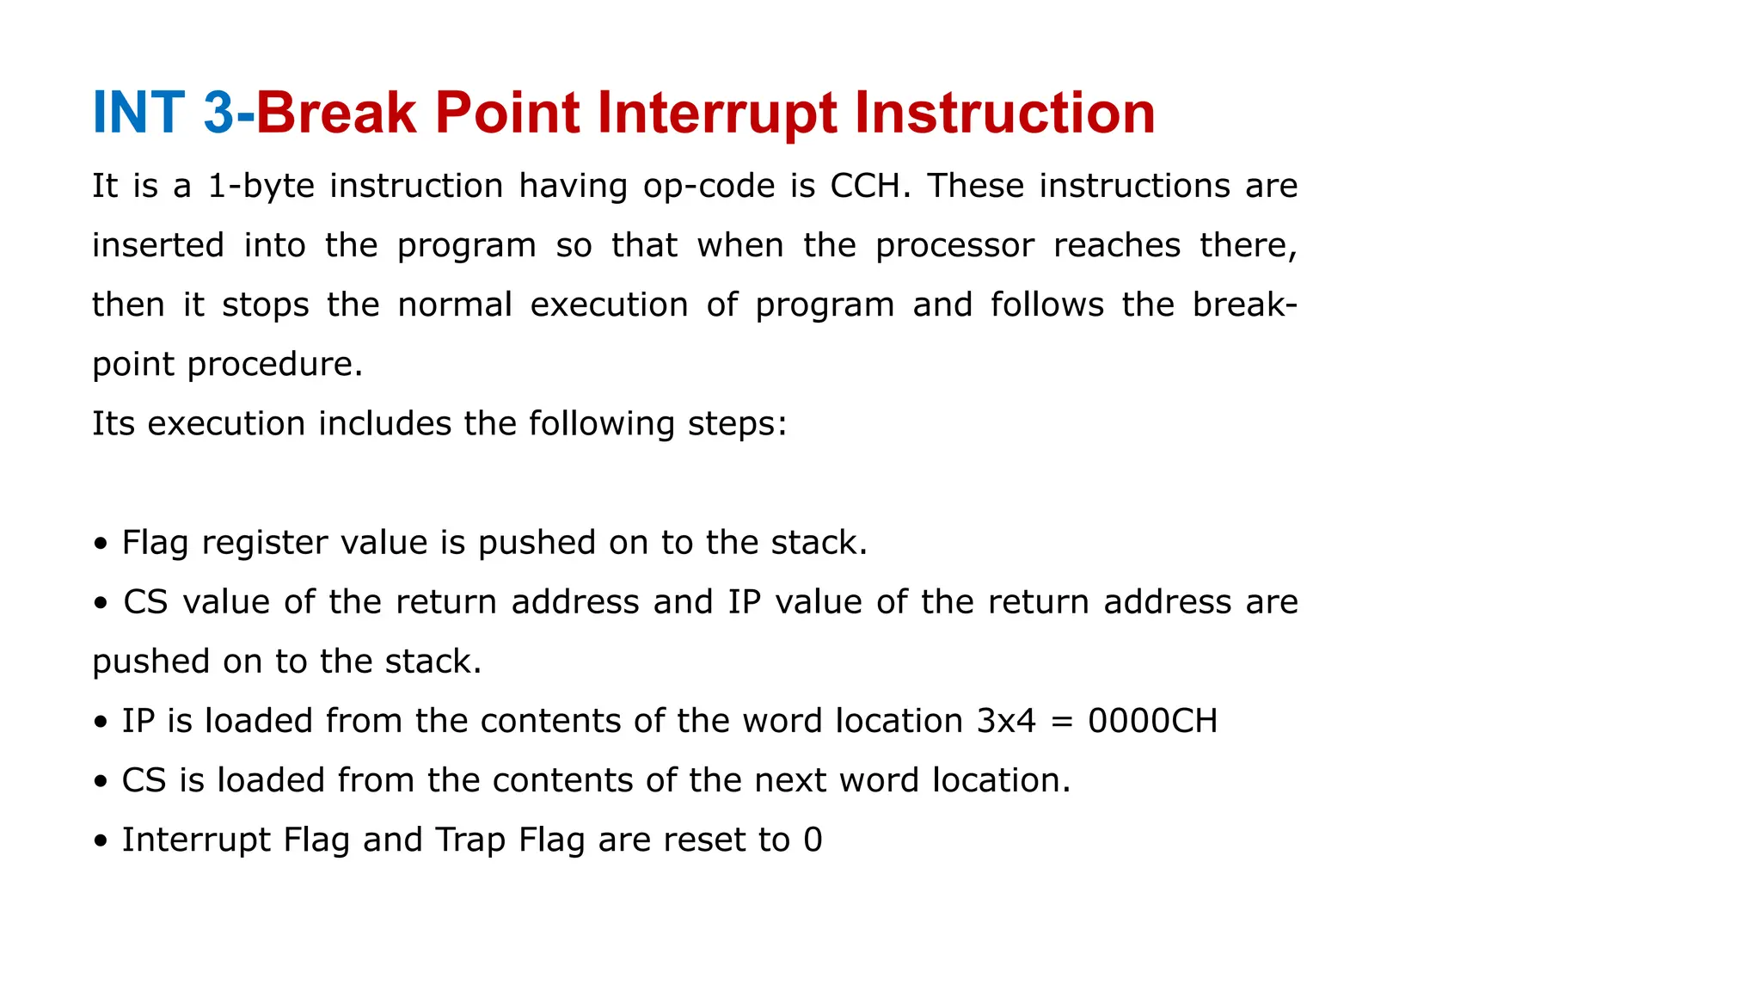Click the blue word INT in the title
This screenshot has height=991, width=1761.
(138, 113)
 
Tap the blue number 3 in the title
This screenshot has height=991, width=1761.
(218, 113)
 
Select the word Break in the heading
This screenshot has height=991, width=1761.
(336, 113)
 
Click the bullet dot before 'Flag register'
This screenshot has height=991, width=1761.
(101, 545)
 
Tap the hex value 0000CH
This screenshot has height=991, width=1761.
(1152, 721)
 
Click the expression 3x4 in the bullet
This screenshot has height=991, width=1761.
(1006, 721)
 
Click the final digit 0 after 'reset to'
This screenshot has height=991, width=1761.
(813, 840)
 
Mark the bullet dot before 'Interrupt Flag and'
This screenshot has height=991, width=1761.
(101, 841)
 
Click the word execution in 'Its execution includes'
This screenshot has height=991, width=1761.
(226, 424)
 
